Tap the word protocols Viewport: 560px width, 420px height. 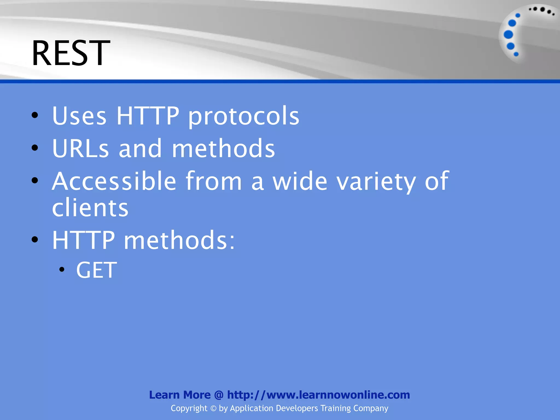(244, 116)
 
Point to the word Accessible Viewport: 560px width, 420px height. (114, 181)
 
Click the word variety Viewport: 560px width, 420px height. (376, 181)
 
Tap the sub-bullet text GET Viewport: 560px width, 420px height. (96, 270)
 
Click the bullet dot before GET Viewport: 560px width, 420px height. (62, 270)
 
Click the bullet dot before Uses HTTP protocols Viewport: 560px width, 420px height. (35, 115)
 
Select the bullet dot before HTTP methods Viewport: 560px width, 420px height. (35, 240)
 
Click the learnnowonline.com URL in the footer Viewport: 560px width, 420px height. (319, 395)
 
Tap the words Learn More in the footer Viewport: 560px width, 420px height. (180, 395)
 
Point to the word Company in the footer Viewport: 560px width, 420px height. (371, 408)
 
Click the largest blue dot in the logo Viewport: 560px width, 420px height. (508, 35)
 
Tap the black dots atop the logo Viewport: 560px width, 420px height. (541, 10)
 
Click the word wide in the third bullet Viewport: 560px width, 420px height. (300, 181)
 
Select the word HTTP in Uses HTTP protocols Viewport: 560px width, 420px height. (148, 116)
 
